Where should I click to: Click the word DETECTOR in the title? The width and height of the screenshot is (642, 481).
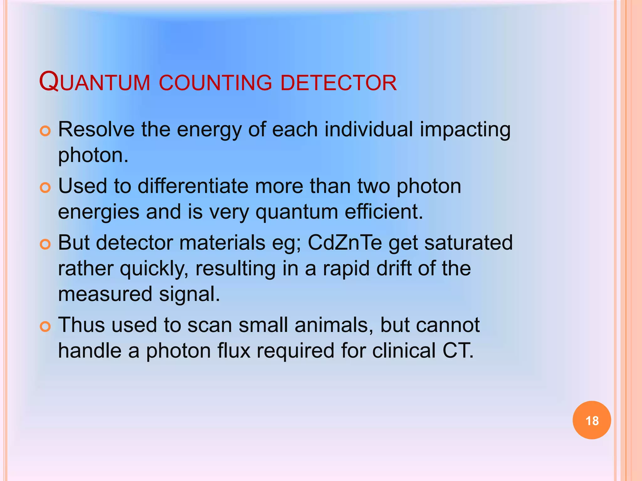[x=339, y=83]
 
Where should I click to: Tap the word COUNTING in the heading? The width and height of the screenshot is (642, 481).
[x=216, y=83]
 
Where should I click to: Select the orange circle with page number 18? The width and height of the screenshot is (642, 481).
[x=592, y=420]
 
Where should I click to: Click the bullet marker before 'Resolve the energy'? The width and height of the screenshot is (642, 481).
[x=45, y=131]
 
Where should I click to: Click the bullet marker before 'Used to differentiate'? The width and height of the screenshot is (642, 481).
[x=45, y=188]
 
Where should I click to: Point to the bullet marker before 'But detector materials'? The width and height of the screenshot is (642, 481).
[x=45, y=245]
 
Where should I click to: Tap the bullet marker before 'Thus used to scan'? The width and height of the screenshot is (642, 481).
[x=45, y=327]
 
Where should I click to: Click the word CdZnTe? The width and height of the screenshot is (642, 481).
[x=345, y=243]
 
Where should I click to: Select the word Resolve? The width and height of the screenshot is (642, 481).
[x=96, y=129]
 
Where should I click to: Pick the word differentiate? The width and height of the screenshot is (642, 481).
[x=193, y=186]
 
